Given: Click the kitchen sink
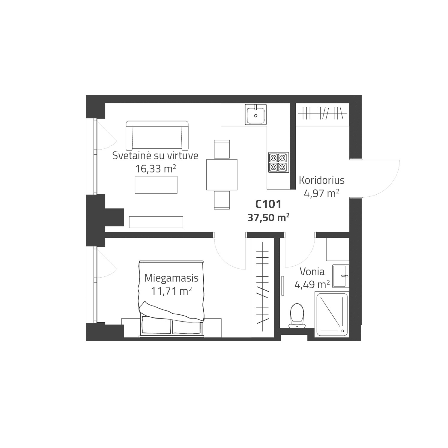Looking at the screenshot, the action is [x=255, y=114].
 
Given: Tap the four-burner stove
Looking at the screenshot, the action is [x=278, y=163].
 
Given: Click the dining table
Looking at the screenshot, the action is [x=222, y=175].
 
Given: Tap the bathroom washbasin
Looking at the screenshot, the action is [x=341, y=276].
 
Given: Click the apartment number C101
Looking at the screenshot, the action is [x=268, y=204].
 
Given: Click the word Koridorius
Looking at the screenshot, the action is [x=322, y=180].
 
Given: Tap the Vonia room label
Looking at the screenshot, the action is [x=312, y=272].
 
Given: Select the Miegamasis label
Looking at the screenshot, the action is [x=171, y=278].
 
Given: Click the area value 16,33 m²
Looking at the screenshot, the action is [x=155, y=169].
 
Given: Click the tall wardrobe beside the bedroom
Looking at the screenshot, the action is [x=262, y=288].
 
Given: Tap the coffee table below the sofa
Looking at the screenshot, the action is [x=156, y=185].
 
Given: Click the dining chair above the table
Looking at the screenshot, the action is [x=222, y=149].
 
